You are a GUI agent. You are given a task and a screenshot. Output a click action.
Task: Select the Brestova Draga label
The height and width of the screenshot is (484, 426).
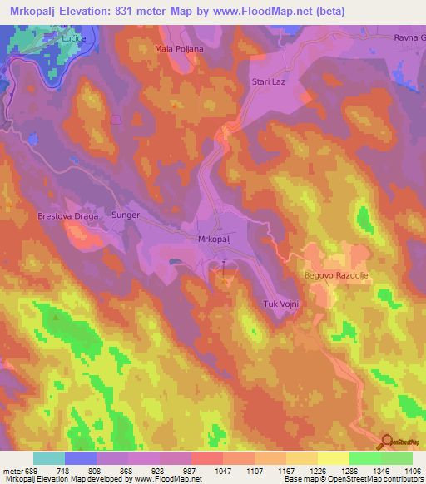(68, 216)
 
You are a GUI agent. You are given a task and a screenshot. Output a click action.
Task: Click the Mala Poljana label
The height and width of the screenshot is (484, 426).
(179, 49)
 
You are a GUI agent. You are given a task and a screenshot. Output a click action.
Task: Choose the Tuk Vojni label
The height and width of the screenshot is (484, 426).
(280, 304)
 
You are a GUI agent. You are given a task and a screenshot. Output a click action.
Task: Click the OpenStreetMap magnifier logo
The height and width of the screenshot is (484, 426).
(387, 443)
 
